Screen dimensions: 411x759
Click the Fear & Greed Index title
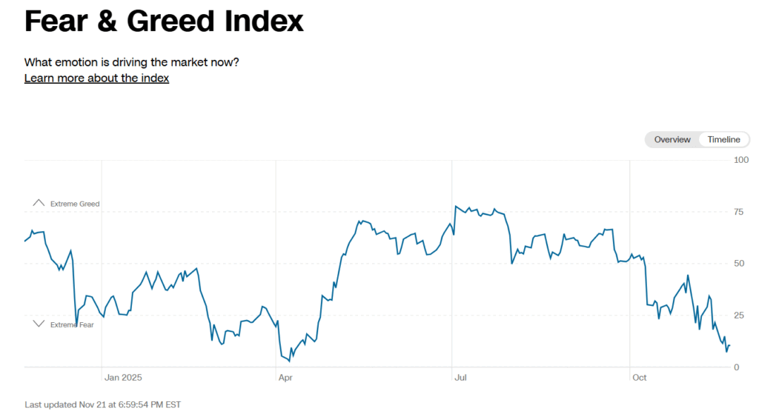(164, 21)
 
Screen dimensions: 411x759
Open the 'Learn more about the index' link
(96, 78)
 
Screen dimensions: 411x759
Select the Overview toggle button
(672, 139)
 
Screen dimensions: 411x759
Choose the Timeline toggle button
(723, 139)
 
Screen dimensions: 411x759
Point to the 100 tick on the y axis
(741, 160)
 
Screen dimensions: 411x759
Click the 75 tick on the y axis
(739, 212)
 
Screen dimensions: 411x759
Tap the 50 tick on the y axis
(739, 264)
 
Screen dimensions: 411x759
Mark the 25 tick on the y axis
(739, 315)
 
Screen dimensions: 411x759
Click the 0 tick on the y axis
(736, 367)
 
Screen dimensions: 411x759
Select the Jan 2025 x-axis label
(122, 378)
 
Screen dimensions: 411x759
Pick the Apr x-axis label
(285, 378)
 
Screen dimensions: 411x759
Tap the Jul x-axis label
(460, 378)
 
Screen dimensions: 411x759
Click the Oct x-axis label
(639, 378)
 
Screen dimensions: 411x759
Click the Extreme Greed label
(75, 204)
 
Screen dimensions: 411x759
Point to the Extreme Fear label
(72, 324)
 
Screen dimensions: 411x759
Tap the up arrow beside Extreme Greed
(39, 202)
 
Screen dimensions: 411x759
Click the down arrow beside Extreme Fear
(39, 324)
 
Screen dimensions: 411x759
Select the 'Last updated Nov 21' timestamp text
(102, 404)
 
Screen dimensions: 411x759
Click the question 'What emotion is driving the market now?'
(132, 61)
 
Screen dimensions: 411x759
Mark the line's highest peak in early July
(456, 206)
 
